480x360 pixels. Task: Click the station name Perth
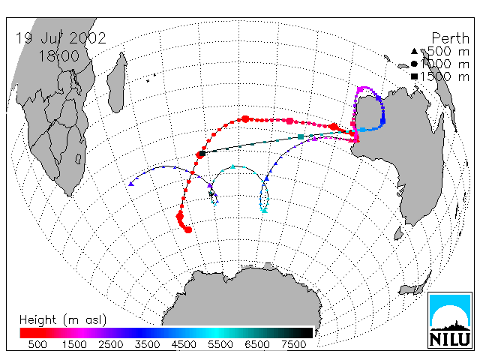pyautogui.click(x=450, y=38)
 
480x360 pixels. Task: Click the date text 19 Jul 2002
pyautogui.click(x=61, y=38)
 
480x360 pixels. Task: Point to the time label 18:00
pyautogui.click(x=58, y=56)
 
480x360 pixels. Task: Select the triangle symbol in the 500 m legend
pyautogui.click(x=414, y=51)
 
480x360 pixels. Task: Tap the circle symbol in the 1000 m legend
pyautogui.click(x=414, y=64)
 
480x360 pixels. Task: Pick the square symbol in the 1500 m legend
pyautogui.click(x=414, y=76)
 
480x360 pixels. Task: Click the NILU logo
pyautogui.click(x=450, y=320)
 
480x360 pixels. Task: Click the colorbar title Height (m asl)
pyautogui.click(x=63, y=320)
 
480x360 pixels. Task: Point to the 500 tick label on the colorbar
pyautogui.click(x=37, y=345)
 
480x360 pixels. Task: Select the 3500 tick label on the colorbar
pyautogui.click(x=147, y=345)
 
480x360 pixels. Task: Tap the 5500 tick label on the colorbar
pyautogui.click(x=220, y=345)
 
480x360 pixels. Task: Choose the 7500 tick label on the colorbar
pyautogui.click(x=293, y=345)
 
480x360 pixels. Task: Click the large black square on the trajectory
pyautogui.click(x=202, y=153)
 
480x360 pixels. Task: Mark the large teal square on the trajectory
pyautogui.click(x=301, y=136)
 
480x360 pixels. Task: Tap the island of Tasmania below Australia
pyautogui.click(x=398, y=233)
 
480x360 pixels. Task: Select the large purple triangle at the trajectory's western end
pyautogui.click(x=131, y=184)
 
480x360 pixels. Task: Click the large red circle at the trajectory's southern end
pyautogui.click(x=188, y=229)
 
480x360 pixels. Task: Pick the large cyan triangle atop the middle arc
pyautogui.click(x=233, y=166)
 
